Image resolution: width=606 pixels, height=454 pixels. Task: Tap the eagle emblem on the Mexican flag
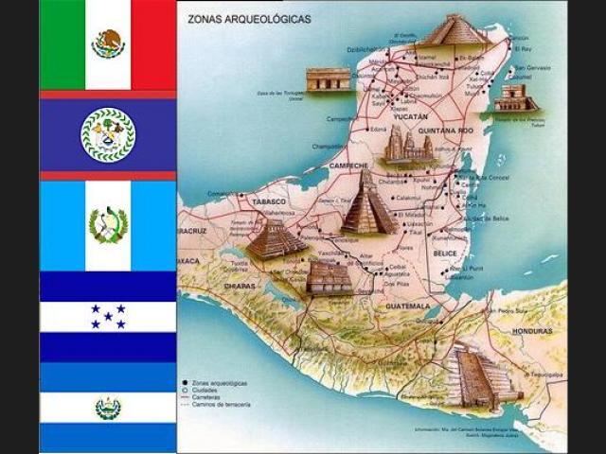[x=108, y=44]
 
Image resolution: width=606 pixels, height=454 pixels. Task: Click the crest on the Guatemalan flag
[x=108, y=225]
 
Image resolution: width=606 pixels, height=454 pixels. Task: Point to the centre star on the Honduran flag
[x=108, y=316]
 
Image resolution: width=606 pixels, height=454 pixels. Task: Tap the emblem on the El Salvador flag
[x=108, y=408]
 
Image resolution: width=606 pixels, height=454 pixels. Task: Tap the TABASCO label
[x=269, y=201]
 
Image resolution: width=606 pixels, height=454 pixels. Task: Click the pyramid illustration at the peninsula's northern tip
[x=452, y=30]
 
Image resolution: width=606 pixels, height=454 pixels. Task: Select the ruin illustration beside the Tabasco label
[x=276, y=238]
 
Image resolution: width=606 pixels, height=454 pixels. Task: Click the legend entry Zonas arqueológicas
[x=222, y=383]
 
